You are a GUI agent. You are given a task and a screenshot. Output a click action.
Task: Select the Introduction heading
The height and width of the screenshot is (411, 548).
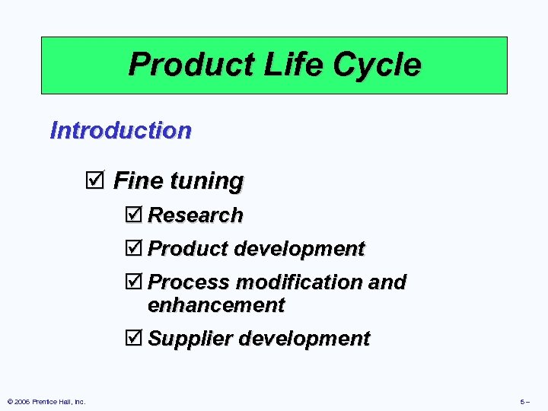point(120,130)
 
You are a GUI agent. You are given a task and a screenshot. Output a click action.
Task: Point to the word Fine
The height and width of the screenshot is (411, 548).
point(138,181)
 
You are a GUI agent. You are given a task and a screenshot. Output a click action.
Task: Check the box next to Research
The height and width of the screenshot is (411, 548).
point(135,215)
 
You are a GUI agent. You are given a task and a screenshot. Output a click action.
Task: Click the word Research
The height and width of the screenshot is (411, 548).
point(195,215)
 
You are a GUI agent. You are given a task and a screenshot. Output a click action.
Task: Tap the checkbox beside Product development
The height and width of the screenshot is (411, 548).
point(135,249)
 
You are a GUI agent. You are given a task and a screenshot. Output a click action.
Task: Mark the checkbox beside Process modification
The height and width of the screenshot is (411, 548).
point(135,282)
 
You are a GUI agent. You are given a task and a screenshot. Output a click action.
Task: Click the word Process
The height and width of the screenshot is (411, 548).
point(189,282)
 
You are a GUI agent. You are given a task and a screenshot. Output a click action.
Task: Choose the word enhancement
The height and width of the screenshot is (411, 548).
point(216,305)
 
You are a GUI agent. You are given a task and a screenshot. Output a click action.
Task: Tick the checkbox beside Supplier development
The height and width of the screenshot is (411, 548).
point(135,339)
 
